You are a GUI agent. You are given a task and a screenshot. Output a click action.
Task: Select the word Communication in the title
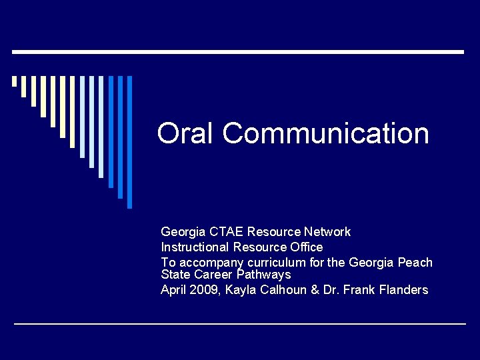point(326,133)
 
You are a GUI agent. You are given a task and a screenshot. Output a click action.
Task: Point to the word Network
point(327,232)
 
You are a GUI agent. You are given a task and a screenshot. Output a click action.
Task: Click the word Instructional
point(195,247)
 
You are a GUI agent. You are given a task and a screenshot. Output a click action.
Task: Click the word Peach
point(415,262)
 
